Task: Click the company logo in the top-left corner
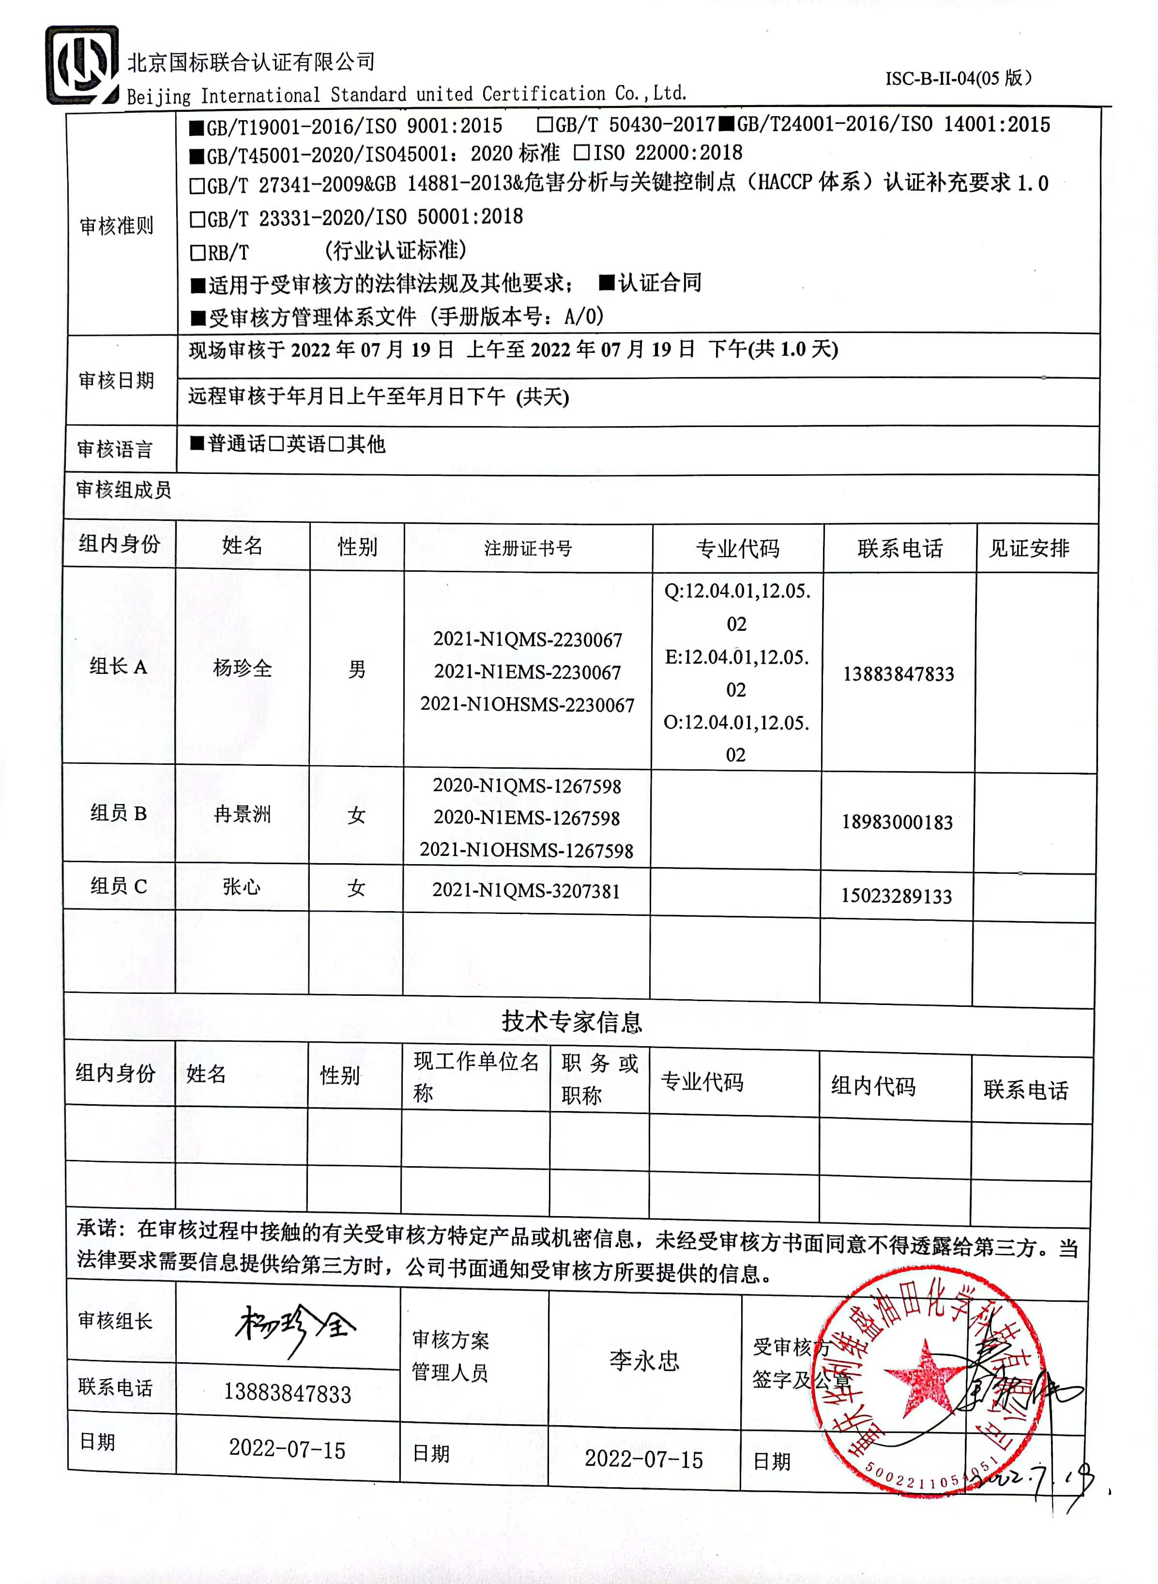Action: [x=81, y=65]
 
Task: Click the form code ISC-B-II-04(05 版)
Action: [x=958, y=78]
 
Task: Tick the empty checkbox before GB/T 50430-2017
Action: [x=545, y=125]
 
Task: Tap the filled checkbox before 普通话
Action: [x=197, y=443]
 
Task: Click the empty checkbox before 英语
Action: [x=276, y=443]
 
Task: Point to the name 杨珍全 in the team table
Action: [x=242, y=668]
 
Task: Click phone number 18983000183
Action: [x=897, y=822]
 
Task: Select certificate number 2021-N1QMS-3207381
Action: [x=526, y=891]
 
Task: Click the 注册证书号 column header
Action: [x=528, y=548]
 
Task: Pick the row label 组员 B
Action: [x=119, y=813]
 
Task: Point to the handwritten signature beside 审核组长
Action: [x=294, y=1328]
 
